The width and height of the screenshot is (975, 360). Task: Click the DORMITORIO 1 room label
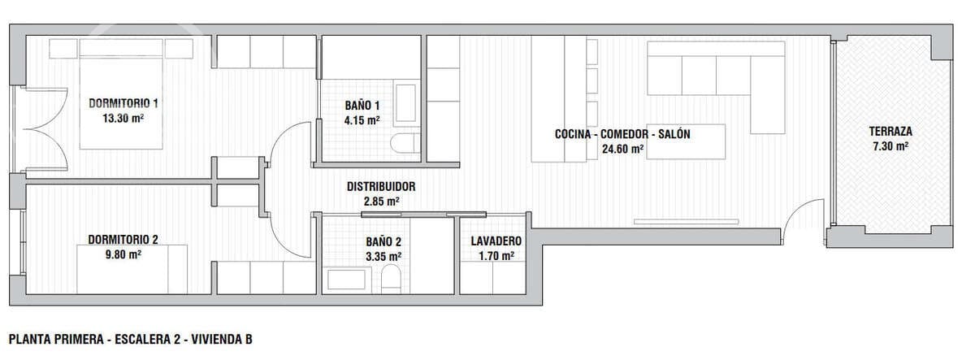pyautogui.click(x=123, y=103)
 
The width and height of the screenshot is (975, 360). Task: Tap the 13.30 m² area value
pyautogui.click(x=123, y=118)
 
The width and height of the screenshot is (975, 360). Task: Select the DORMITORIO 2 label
pyautogui.click(x=123, y=240)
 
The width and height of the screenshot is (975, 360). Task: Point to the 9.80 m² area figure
pyautogui.click(x=123, y=254)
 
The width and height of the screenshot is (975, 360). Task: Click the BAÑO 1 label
pyautogui.click(x=362, y=106)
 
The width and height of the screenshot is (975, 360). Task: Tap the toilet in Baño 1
pyautogui.click(x=405, y=145)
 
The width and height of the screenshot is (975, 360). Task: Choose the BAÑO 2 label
pyautogui.click(x=383, y=242)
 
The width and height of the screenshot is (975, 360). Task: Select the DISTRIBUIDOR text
pyautogui.click(x=381, y=186)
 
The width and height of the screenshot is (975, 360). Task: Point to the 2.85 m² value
pyautogui.click(x=381, y=201)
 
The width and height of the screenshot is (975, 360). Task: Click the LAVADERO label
pyautogui.click(x=496, y=241)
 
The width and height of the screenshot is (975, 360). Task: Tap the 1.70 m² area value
pyautogui.click(x=496, y=256)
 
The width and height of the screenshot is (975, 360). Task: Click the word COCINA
pyautogui.click(x=578, y=134)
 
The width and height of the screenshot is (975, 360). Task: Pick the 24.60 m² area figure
pyautogui.click(x=622, y=149)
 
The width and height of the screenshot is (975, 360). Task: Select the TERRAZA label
pyautogui.click(x=890, y=131)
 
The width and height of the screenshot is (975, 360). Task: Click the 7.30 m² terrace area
pyautogui.click(x=890, y=145)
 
